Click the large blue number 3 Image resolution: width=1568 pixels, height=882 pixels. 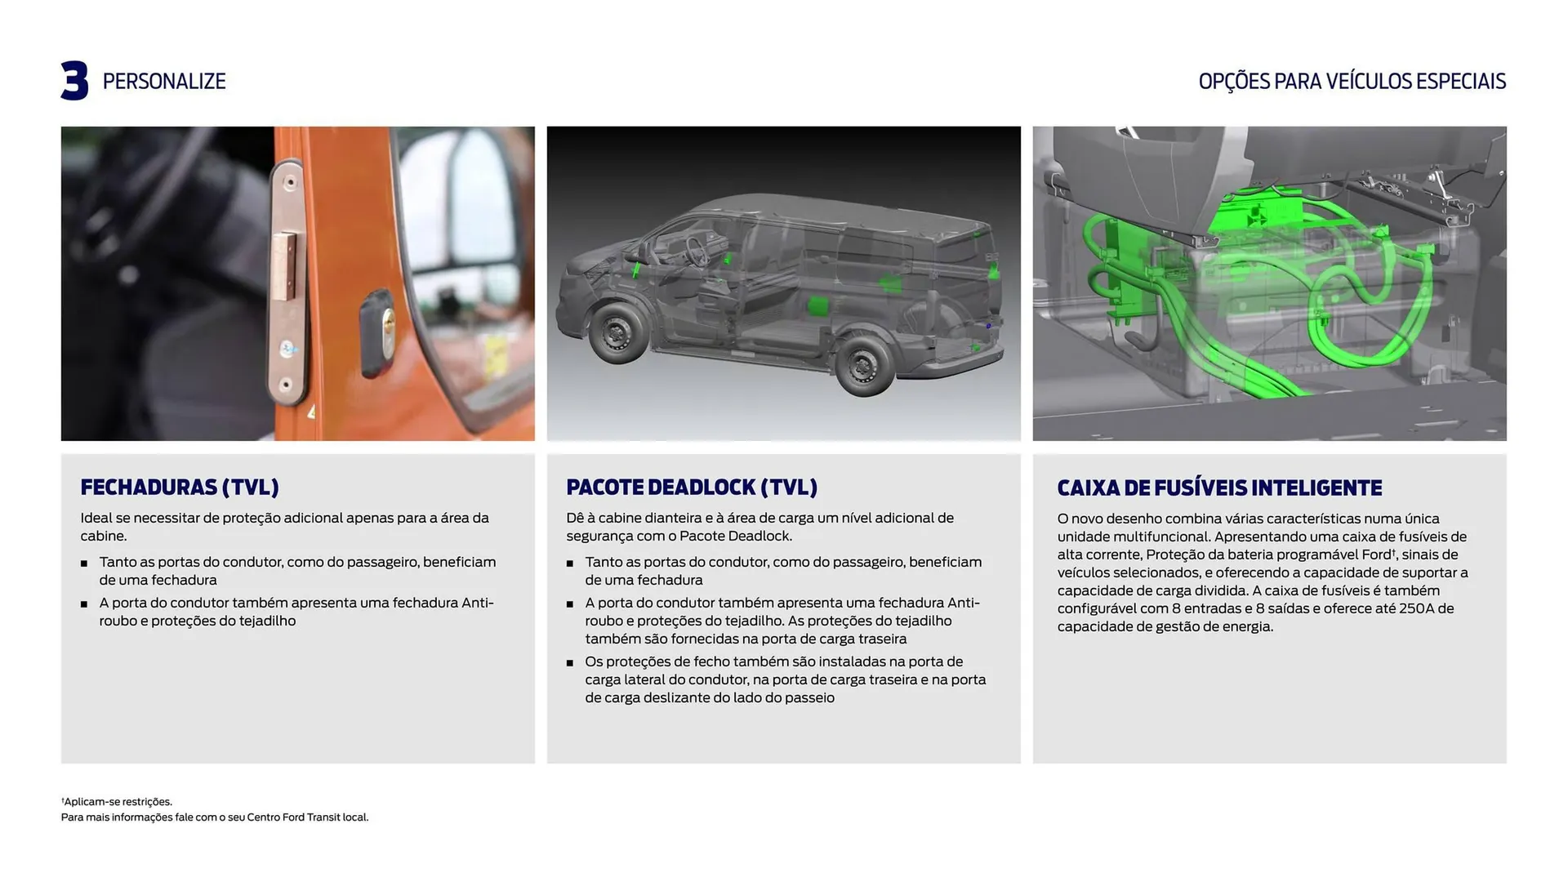point(74,81)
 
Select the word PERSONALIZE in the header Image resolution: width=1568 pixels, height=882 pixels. point(164,82)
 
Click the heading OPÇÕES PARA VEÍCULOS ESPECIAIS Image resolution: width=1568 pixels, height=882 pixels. point(1352,82)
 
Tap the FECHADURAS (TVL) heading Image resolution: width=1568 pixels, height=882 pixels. point(180,488)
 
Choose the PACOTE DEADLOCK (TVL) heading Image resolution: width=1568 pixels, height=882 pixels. point(692,488)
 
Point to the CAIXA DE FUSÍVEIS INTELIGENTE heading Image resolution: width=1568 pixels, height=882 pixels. point(1219,488)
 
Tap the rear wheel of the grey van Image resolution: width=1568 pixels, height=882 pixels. point(862,365)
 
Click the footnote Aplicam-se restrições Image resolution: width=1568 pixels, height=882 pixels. point(118,802)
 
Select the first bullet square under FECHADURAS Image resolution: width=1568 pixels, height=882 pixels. point(84,563)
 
